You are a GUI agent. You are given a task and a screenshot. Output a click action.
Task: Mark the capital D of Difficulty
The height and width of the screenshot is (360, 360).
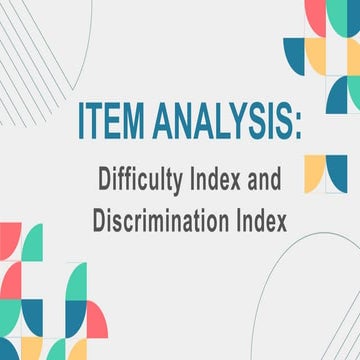click(105, 181)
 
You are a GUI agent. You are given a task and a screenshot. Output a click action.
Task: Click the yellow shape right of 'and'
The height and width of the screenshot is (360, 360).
click(314, 173)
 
